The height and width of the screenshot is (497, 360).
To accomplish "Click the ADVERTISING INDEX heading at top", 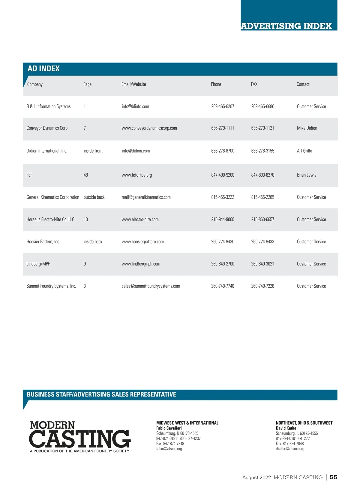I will click(x=286, y=26).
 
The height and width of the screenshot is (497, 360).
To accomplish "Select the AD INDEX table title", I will click(x=44, y=69).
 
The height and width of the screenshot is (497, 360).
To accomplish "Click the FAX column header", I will click(x=254, y=84).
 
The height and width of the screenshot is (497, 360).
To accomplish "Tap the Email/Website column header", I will click(x=133, y=84).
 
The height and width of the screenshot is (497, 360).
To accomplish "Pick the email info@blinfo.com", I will click(x=135, y=106).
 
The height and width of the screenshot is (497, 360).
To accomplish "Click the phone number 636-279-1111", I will click(x=222, y=128).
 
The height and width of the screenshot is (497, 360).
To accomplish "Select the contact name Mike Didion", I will click(x=307, y=128).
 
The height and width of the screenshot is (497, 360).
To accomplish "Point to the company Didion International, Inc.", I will click(x=47, y=151).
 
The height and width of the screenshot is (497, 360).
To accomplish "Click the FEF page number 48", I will click(x=86, y=175).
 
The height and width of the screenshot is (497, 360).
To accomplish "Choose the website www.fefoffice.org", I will click(x=136, y=175).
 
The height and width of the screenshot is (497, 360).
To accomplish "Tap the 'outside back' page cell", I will click(x=94, y=197).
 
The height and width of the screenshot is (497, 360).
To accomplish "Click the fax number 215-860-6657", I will click(x=262, y=219).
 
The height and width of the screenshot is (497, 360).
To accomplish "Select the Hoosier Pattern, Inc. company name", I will click(x=43, y=241).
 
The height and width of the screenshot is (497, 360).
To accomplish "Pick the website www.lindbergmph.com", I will click(x=141, y=264).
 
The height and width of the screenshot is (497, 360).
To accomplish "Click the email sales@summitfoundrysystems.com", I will click(x=151, y=286).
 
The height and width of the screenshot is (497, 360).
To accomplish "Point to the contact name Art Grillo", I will click(x=304, y=151).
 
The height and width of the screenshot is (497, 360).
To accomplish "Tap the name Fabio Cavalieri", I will click(x=169, y=428).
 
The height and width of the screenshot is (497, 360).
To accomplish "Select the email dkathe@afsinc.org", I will click(x=290, y=449).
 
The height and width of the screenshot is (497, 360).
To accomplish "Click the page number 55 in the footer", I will click(x=333, y=477).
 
